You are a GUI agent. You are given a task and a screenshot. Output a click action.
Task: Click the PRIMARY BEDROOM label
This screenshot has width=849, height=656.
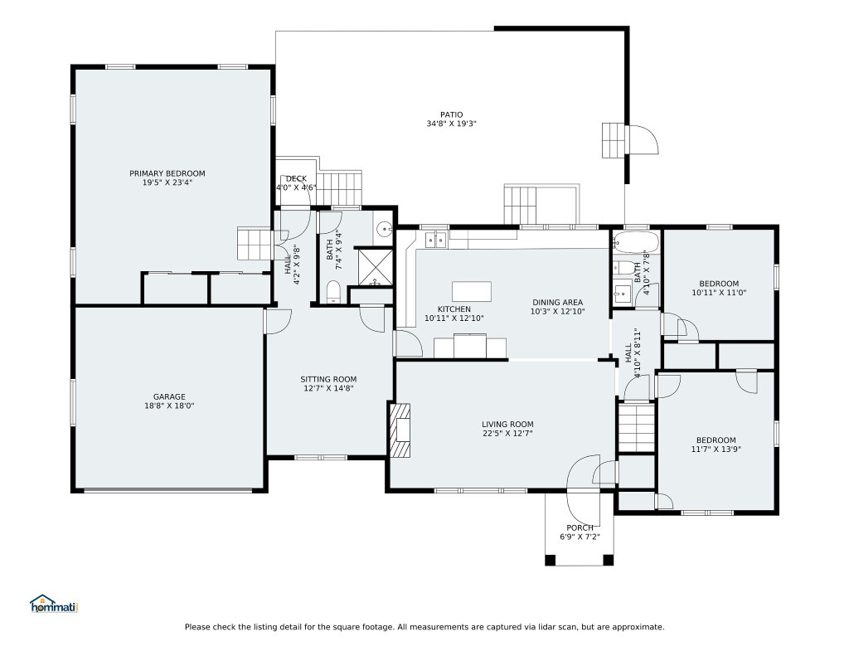coord(167,173)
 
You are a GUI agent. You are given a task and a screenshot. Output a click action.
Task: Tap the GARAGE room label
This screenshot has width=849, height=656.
coord(169,396)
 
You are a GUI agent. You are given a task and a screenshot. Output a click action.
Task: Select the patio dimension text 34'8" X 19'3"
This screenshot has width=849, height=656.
coord(451,124)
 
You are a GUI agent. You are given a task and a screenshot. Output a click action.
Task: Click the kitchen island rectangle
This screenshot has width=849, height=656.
coord(472,291)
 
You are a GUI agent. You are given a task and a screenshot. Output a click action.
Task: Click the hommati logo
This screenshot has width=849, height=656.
coord(54,604)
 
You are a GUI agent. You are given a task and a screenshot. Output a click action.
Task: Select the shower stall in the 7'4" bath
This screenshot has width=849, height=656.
coord(374,267)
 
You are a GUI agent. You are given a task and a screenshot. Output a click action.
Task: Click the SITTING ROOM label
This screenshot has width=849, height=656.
coord(328,379)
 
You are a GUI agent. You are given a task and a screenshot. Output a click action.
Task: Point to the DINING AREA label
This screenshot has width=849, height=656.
coord(558,302)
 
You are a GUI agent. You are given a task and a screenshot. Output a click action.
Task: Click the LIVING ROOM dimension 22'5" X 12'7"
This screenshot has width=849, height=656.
coord(508,433)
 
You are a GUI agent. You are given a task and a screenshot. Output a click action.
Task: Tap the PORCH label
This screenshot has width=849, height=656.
coord(580,527)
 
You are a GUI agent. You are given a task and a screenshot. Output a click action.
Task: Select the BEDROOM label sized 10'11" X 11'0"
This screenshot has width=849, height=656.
coord(719,284)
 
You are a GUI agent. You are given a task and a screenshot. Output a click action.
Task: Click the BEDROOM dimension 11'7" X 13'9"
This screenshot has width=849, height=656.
coord(716,449)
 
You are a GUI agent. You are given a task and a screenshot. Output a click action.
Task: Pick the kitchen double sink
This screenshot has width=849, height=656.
coord(436,239)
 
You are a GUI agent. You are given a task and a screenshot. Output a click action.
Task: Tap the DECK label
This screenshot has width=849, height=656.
coord(296,178)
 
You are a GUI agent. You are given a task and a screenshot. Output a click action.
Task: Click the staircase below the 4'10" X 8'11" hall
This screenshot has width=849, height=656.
coord(637,427)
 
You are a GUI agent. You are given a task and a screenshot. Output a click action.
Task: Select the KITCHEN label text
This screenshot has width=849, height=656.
coord(454,309)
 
